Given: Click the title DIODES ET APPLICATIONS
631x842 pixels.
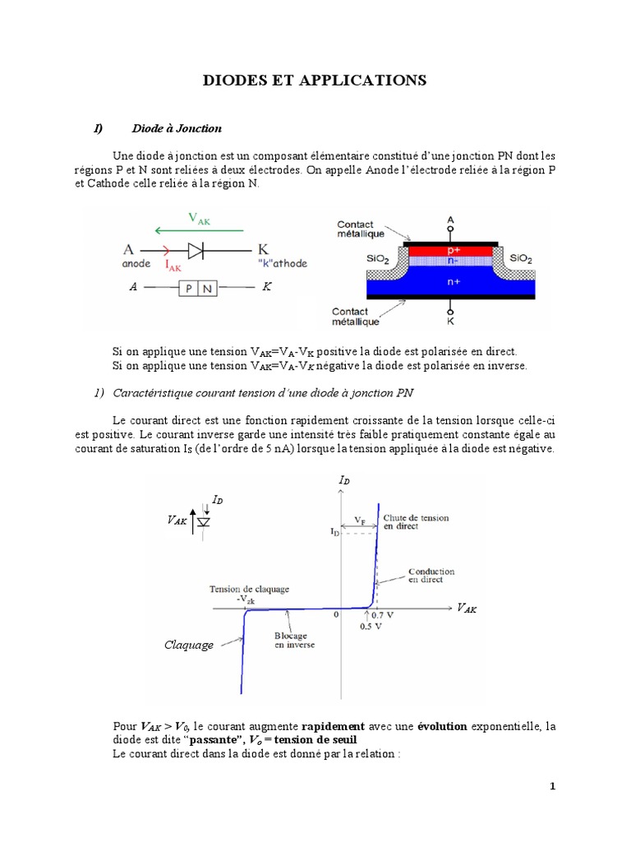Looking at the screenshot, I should (x=315, y=81).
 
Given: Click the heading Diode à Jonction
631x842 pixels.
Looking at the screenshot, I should (x=176, y=128).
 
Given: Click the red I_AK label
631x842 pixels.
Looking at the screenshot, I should (x=174, y=265).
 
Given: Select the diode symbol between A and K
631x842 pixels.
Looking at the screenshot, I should (x=196, y=248).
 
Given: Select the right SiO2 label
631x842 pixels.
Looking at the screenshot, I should (x=521, y=258).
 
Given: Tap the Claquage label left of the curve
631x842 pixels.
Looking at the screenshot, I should (x=190, y=645).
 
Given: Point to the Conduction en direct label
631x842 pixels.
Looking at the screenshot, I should (x=431, y=576).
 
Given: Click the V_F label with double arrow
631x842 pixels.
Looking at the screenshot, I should (x=361, y=520).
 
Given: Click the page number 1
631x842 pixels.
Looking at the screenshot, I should (x=553, y=786).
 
